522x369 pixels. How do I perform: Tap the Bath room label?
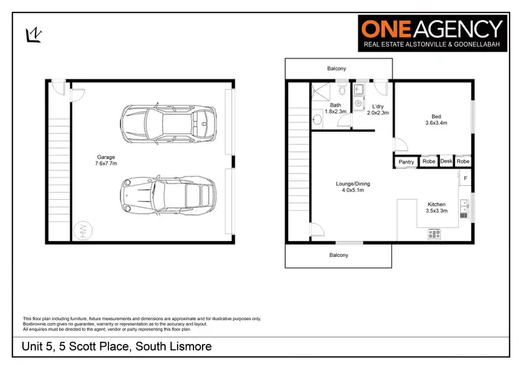pyautogui.click(x=335, y=109)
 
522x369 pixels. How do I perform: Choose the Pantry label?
pyautogui.click(x=406, y=162)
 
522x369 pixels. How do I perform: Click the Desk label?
pyautogui.click(x=446, y=162)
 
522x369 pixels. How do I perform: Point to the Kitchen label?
pyautogui.click(x=436, y=207)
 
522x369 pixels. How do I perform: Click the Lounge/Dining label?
pyautogui.click(x=353, y=187)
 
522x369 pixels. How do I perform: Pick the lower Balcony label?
pyautogui.click(x=339, y=255)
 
